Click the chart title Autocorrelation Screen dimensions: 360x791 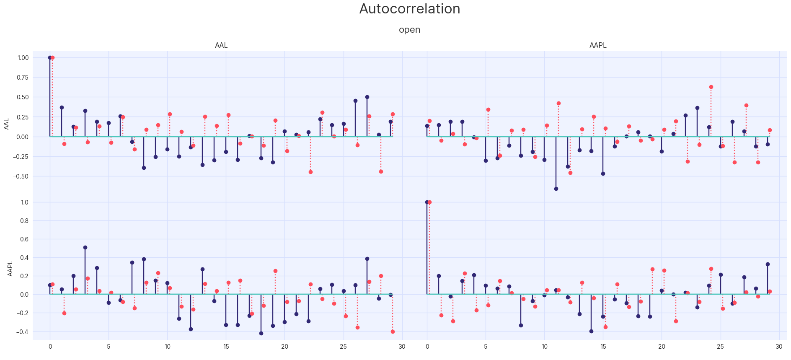click(x=409, y=9)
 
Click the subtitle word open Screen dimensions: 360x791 click(x=409, y=30)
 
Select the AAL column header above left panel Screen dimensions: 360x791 click(x=221, y=45)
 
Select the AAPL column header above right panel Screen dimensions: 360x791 click(x=598, y=45)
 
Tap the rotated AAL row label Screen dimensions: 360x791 click(x=6, y=124)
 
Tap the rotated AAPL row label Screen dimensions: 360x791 click(x=10, y=269)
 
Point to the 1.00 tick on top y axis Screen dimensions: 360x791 click(x=23, y=58)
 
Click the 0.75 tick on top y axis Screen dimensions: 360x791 click(x=23, y=78)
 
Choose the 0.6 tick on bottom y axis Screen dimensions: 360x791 click(x=25, y=239)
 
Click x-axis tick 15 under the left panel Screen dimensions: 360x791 click(x=226, y=347)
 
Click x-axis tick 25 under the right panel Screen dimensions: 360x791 click(x=720, y=347)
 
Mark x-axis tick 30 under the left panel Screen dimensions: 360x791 click(x=402, y=347)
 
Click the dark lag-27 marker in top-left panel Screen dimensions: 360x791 click(x=367, y=97)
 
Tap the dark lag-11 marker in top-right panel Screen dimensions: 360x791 click(x=556, y=189)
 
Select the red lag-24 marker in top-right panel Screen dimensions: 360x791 click(x=711, y=87)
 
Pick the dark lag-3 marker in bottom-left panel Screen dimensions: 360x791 click(x=85, y=247)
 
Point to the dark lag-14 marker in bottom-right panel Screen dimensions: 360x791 click(x=591, y=331)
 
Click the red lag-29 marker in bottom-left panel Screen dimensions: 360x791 click(x=393, y=332)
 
